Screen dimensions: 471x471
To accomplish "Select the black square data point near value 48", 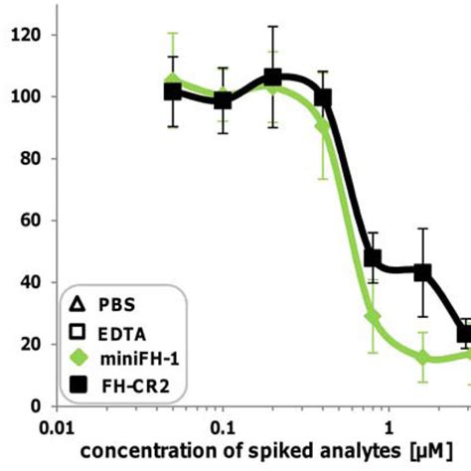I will pyautogui.click(x=373, y=257).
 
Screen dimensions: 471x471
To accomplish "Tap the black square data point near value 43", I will pyautogui.click(x=422, y=271).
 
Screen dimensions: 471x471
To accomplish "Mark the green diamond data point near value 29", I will pyautogui.click(x=373, y=316).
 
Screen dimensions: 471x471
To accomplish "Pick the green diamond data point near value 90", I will pyautogui.click(x=323, y=126).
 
